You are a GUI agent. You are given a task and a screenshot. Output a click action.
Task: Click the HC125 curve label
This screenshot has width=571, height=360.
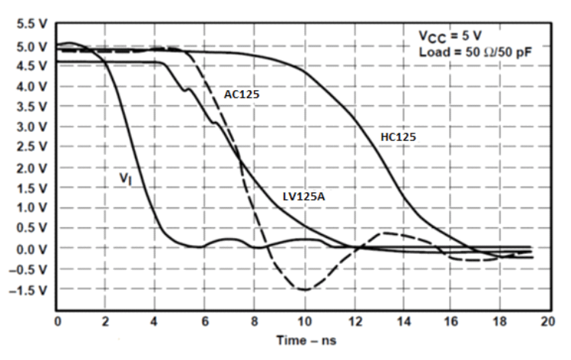(404, 137)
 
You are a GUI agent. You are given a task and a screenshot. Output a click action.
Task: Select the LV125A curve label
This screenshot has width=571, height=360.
(304, 196)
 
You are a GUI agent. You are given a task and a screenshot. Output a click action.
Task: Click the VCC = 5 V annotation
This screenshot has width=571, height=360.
(450, 36)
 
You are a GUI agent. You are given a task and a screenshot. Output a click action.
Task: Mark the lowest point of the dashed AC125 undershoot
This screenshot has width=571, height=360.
(304, 290)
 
